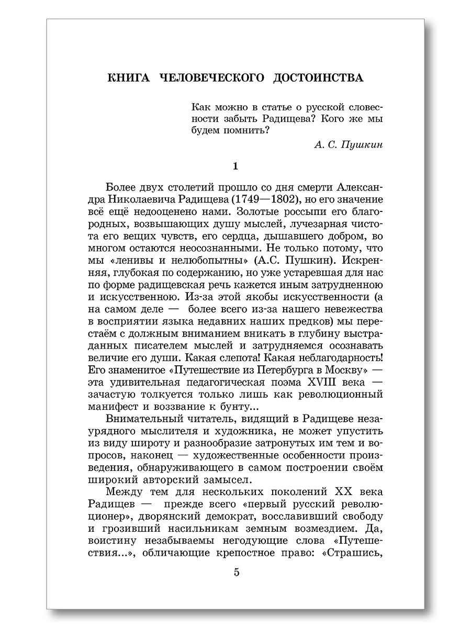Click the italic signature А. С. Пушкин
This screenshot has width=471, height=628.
pos(349,145)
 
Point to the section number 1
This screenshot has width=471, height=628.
pos(235,167)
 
